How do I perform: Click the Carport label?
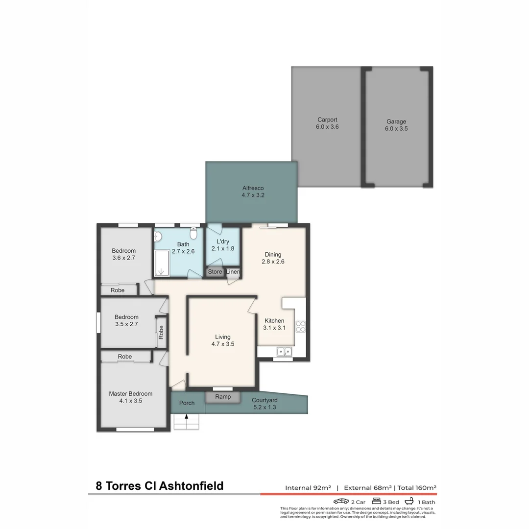[x=327, y=120]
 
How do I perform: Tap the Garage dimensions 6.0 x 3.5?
[x=396, y=129]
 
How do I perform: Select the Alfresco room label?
[x=253, y=188]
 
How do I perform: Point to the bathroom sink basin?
[x=158, y=237]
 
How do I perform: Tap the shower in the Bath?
[x=161, y=264]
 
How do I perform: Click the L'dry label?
[x=222, y=241]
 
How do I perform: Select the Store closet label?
[x=215, y=272]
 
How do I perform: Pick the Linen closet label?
[x=233, y=272]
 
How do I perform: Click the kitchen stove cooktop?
[x=300, y=326]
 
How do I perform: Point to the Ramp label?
[x=223, y=397]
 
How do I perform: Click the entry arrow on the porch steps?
[x=186, y=417]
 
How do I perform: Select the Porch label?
[x=187, y=403]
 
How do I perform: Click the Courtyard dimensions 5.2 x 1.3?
[x=264, y=407]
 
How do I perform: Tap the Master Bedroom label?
[x=130, y=394]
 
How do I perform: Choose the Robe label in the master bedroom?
[x=125, y=357]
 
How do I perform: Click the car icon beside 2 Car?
[x=341, y=501]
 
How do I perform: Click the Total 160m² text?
[x=416, y=487]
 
